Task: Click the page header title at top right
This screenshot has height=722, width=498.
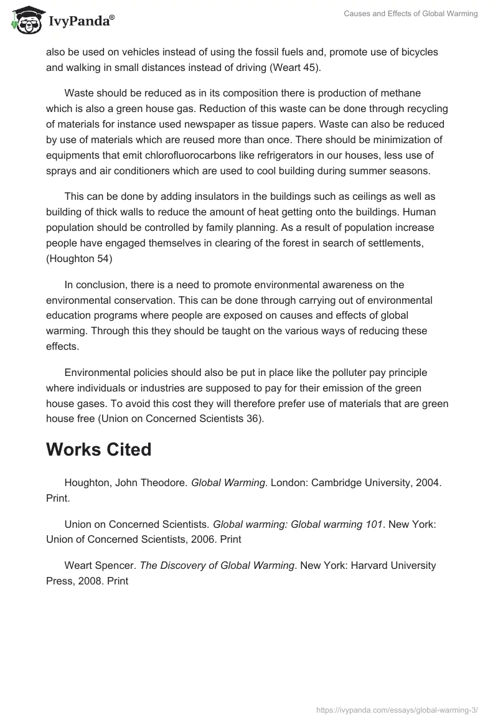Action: coord(410,14)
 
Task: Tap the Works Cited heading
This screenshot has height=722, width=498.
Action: coord(98,449)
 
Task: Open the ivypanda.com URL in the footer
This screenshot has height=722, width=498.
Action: coord(397,709)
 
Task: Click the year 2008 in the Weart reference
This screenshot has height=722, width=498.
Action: coord(92,581)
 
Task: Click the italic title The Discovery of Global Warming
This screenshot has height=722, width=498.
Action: coord(217,565)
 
